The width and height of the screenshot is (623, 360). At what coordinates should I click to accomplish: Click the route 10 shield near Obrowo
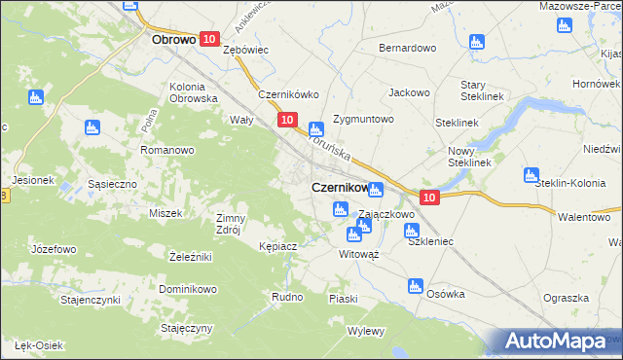click(209, 38)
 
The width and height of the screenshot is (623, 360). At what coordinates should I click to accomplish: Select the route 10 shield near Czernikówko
click(286, 120)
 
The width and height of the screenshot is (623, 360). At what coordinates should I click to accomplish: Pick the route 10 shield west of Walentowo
click(432, 198)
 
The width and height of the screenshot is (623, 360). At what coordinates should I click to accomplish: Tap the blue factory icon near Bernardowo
click(476, 42)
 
